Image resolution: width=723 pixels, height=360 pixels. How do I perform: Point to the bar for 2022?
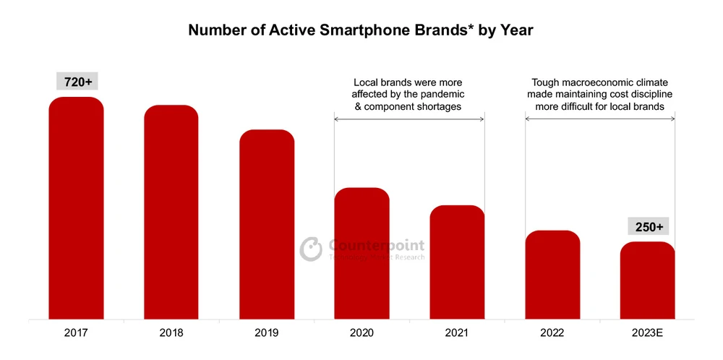coord(553,275)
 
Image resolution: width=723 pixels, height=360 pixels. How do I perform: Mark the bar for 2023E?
coord(648,280)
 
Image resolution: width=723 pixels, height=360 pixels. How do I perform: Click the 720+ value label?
coord(76,82)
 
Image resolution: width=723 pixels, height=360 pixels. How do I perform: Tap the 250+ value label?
coord(648,227)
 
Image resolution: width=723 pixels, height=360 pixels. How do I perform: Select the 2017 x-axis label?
coord(76,333)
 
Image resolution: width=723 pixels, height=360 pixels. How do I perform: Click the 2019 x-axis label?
coord(267,333)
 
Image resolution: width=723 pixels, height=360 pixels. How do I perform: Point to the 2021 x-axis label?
coord(458,333)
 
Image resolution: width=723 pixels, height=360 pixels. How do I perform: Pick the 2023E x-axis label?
coord(648,333)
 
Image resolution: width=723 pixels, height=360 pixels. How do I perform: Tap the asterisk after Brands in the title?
coord(472,27)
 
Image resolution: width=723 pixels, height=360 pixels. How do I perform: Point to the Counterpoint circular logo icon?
coord(311,248)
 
